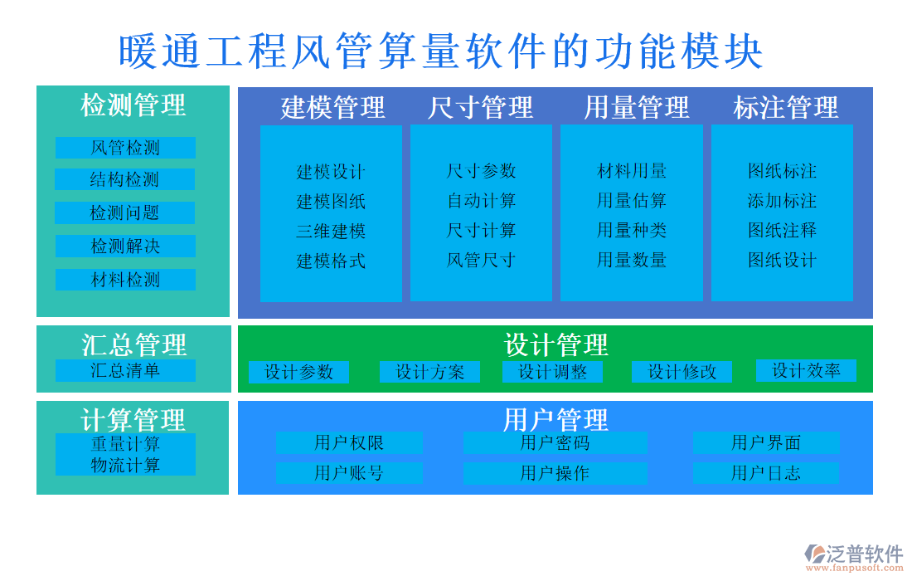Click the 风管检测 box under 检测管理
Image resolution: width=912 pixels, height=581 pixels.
pos(125,148)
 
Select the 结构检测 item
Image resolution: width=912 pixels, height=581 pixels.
pos(125,179)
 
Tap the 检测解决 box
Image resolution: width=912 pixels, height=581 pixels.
pos(125,247)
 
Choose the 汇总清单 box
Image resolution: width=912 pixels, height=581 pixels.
pos(125,370)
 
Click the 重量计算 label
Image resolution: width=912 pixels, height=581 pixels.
pos(125,444)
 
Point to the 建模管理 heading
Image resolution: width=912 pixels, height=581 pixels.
pos(332,107)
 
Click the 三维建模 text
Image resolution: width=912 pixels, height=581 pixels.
pos(331,231)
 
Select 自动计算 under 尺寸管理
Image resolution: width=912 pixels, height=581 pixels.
pos(482,201)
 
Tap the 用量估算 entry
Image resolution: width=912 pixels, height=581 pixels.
pos(632,201)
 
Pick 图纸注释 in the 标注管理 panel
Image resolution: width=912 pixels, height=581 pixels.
pos(782,230)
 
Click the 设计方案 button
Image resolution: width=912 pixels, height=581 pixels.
pos(429,372)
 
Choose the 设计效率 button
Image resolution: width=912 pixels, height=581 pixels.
pos(806,370)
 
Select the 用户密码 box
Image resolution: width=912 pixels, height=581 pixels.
pos(555,443)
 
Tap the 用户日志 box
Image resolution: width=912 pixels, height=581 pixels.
pos(765,473)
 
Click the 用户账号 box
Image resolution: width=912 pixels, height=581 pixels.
pos(348,473)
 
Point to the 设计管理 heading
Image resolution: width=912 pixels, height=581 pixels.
pos(555,344)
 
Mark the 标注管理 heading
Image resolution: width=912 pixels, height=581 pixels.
pos(785,107)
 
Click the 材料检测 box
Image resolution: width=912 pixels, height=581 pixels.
pos(125,280)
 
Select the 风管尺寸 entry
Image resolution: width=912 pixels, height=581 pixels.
pos(482,260)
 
